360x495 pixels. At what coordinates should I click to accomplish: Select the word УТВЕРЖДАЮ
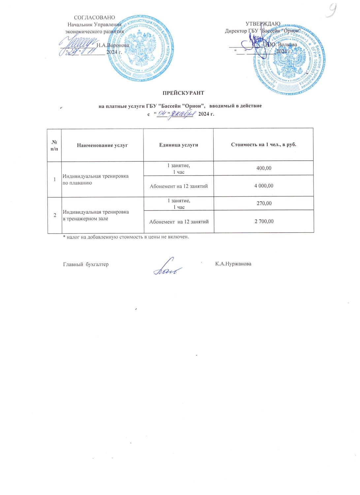coord(263,23)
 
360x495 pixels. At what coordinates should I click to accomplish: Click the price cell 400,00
coord(264,168)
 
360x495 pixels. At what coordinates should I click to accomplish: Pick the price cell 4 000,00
coord(264,186)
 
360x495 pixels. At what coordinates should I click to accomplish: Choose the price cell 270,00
coord(264,203)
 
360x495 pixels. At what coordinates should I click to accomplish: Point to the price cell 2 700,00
coord(264,221)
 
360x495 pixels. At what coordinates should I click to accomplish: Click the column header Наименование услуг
coord(102,145)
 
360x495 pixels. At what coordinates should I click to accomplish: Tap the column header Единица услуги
coord(179,145)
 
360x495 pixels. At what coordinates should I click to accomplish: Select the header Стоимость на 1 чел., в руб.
coord(264,145)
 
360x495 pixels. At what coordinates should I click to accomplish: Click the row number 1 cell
coord(54,179)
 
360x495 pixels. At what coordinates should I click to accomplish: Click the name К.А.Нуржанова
coord(233,264)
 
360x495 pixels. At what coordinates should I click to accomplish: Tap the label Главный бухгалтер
coord(86,264)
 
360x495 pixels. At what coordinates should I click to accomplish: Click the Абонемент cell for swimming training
coord(179,186)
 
